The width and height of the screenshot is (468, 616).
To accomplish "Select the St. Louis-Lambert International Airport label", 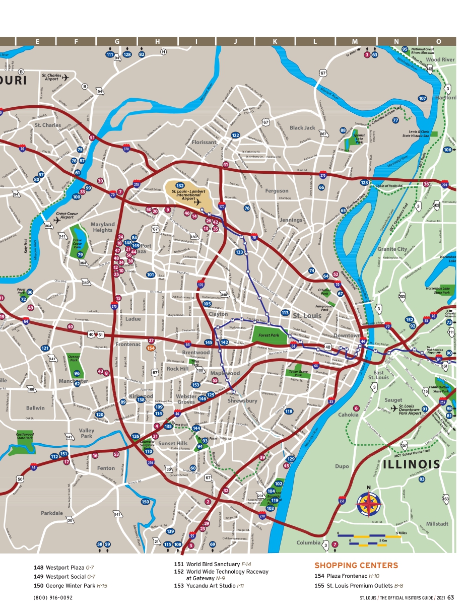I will click(x=188, y=195).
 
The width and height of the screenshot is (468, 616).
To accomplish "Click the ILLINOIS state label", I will click(x=412, y=464).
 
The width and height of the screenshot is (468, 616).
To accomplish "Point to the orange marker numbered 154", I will click(x=150, y=348).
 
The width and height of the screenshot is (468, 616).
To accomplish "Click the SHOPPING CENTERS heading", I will click(x=356, y=566).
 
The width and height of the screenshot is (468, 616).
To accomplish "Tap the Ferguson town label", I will click(x=277, y=191).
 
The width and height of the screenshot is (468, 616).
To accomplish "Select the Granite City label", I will click(x=392, y=249).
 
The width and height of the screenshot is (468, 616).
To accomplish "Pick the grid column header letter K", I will click(x=275, y=41).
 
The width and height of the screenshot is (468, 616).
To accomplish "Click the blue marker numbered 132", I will click(x=180, y=186).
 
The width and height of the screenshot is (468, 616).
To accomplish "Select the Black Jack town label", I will click(x=302, y=128).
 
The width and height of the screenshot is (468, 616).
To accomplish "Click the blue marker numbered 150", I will click(x=145, y=502).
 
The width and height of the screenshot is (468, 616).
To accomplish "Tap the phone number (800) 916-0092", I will click(x=53, y=598).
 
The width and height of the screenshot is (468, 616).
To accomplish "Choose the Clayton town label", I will click(x=218, y=314).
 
